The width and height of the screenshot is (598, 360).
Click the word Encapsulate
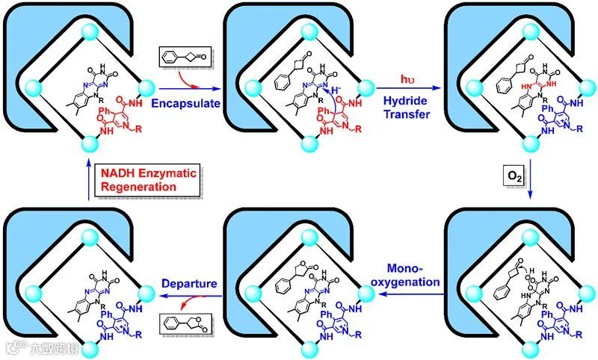coord(185,103)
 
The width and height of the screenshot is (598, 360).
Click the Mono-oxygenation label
coord(409,275)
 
